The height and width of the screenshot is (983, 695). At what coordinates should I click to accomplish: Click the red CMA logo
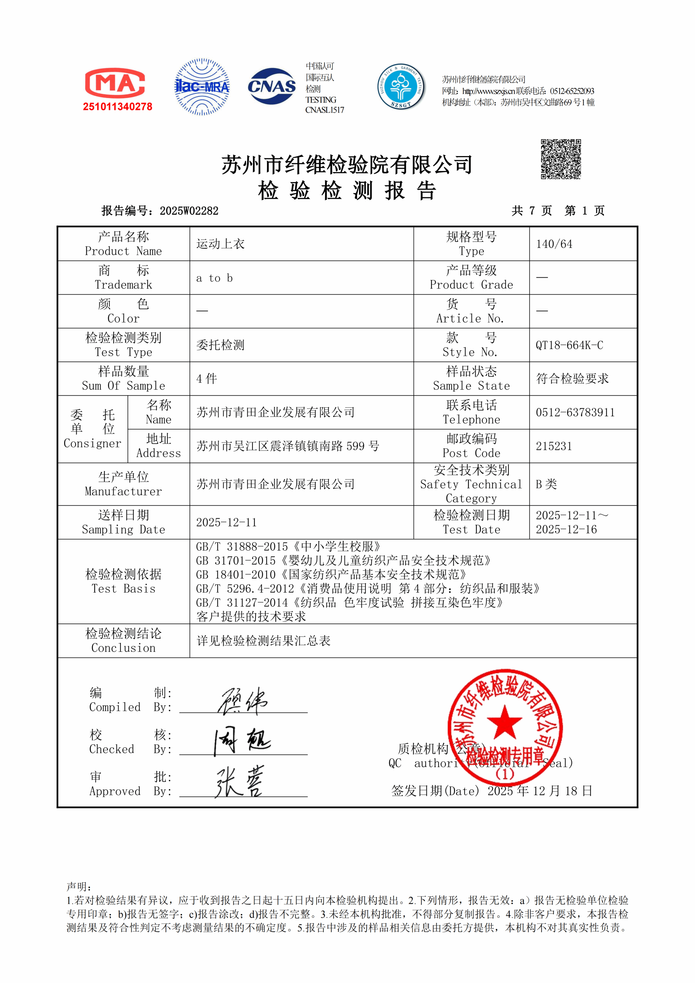click(x=115, y=83)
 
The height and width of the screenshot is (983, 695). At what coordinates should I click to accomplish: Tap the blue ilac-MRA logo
click(x=202, y=87)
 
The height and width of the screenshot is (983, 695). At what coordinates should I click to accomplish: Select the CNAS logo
click(x=272, y=86)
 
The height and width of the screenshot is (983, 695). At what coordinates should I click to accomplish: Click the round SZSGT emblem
click(x=401, y=87)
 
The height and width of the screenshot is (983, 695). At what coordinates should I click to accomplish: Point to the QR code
click(x=561, y=159)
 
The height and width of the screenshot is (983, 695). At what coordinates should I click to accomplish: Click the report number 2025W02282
click(x=189, y=211)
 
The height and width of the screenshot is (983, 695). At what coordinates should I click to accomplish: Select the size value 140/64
click(x=554, y=244)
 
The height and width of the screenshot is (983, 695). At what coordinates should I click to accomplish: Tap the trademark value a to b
click(x=214, y=278)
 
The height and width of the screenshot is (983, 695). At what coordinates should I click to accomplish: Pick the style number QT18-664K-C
click(x=569, y=345)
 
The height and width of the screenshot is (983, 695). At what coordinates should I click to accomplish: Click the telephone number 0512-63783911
click(x=575, y=412)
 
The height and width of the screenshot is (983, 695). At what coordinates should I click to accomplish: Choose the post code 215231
click(x=554, y=446)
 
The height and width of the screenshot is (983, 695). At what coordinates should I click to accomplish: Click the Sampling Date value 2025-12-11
click(x=226, y=522)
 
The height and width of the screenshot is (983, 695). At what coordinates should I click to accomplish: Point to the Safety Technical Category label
click(x=471, y=484)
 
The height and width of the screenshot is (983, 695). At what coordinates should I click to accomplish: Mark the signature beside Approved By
click(x=240, y=782)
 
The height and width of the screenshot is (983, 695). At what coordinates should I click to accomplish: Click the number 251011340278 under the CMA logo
click(x=118, y=107)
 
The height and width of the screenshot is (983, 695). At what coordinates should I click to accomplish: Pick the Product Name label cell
click(x=123, y=244)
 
